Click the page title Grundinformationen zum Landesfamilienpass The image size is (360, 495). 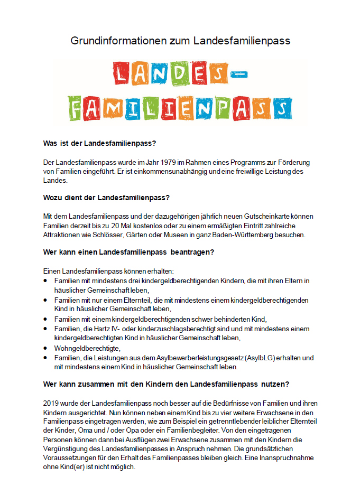[180, 40]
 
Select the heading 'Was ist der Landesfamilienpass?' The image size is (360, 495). [100, 143]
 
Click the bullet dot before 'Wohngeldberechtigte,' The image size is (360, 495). [46, 348]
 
